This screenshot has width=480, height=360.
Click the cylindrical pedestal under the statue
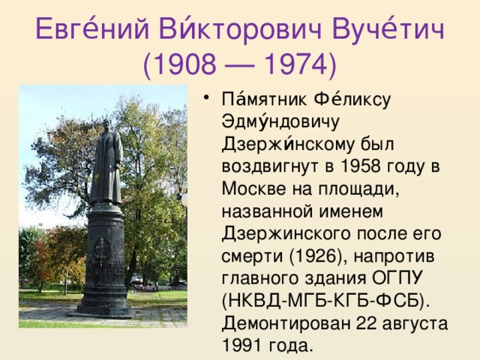pyautogui.click(x=104, y=255)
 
